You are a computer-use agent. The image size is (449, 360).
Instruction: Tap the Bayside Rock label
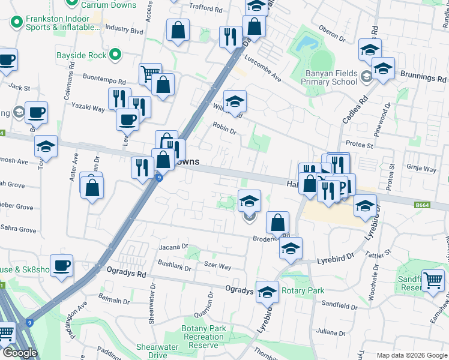click(81, 55)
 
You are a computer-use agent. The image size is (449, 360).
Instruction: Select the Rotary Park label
click(303, 290)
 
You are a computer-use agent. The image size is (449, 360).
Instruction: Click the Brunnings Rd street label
click(424, 78)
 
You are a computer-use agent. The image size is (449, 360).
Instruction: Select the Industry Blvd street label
click(124, 29)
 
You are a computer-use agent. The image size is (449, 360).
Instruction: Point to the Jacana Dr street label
click(173, 247)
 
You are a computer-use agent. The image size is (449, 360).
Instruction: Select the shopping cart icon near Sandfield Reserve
click(433, 280)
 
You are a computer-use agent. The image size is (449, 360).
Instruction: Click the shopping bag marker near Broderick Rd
click(277, 223)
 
